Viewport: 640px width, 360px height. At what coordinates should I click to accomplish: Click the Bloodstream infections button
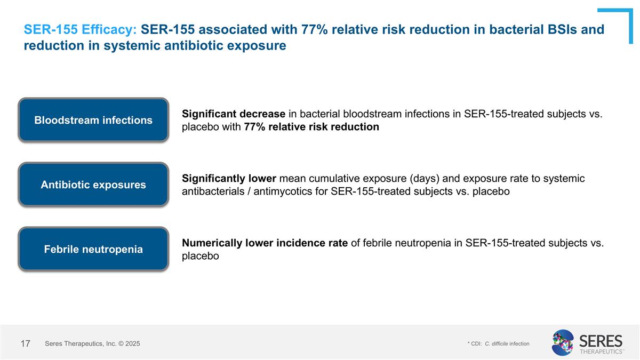[x=93, y=120]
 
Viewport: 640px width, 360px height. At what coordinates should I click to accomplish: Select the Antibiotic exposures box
[x=93, y=185]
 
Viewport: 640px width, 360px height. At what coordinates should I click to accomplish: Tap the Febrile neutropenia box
[x=93, y=249]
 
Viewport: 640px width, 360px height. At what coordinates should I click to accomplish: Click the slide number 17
[x=25, y=344]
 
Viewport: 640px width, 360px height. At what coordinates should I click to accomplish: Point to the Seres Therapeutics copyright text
[x=92, y=344]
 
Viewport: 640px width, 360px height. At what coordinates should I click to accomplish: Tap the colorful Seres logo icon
[x=563, y=343]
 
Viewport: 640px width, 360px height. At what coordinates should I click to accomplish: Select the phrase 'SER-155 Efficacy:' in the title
[x=81, y=30]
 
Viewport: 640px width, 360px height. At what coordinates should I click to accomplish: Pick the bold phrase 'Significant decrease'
[x=233, y=114]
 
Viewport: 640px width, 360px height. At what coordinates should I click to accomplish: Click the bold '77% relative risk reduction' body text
[x=311, y=127]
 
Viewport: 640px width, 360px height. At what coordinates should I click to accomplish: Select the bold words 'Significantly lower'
[x=229, y=179]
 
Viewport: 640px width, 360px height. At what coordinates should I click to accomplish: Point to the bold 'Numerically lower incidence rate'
[x=265, y=243]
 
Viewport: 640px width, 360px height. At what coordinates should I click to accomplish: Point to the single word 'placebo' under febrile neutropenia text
[x=201, y=256]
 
